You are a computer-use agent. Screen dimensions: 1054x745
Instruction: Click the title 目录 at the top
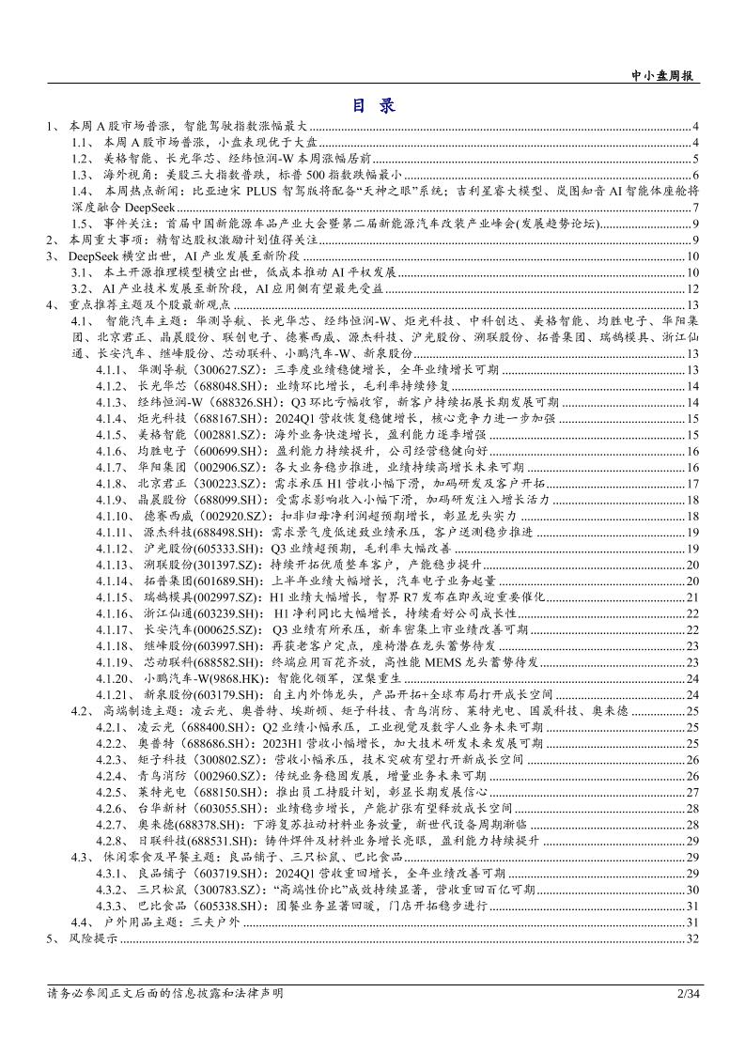(x=373, y=105)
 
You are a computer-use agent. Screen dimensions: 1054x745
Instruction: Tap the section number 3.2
(x=83, y=288)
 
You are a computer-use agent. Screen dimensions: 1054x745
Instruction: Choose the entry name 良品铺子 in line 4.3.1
(x=160, y=874)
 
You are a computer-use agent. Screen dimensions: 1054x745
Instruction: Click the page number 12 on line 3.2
(x=693, y=288)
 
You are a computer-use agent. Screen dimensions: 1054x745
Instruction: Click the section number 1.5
(x=83, y=224)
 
